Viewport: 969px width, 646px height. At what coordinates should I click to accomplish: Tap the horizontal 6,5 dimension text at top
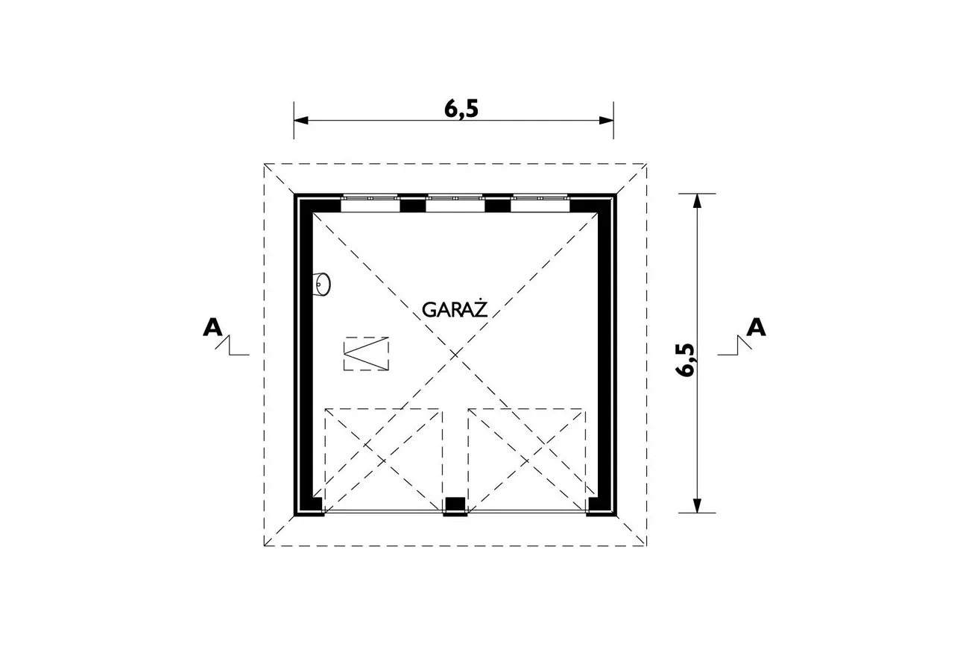coord(461,110)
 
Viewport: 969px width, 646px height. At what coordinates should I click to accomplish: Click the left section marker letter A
coord(212,327)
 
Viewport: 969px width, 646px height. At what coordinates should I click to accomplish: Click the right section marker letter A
coord(756,327)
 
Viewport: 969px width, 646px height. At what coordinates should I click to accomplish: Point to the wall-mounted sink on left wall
coord(321,285)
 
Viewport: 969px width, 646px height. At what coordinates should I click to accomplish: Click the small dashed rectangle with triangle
coord(366,354)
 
